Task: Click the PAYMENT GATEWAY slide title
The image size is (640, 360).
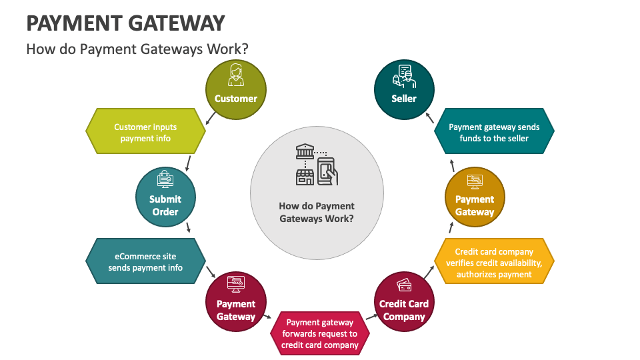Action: pos(125,23)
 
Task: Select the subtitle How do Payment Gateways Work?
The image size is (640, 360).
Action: pos(137,49)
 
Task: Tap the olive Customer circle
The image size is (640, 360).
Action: pos(235,90)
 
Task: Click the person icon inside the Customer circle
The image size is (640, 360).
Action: pos(235,75)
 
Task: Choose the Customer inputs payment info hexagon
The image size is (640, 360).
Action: pos(145,132)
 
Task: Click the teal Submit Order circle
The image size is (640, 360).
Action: pos(165,198)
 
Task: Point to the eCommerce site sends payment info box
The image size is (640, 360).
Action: pos(145,262)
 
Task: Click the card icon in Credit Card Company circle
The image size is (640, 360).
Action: pos(404,285)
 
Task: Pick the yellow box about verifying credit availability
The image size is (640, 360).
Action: pos(494,262)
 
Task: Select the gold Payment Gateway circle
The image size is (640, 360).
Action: pos(475,198)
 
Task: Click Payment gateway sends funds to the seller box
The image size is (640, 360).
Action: pos(494,132)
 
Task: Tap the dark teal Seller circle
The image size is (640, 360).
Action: pos(404,90)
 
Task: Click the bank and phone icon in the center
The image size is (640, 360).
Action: pos(317,164)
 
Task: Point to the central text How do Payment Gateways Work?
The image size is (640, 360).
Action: pos(317,212)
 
